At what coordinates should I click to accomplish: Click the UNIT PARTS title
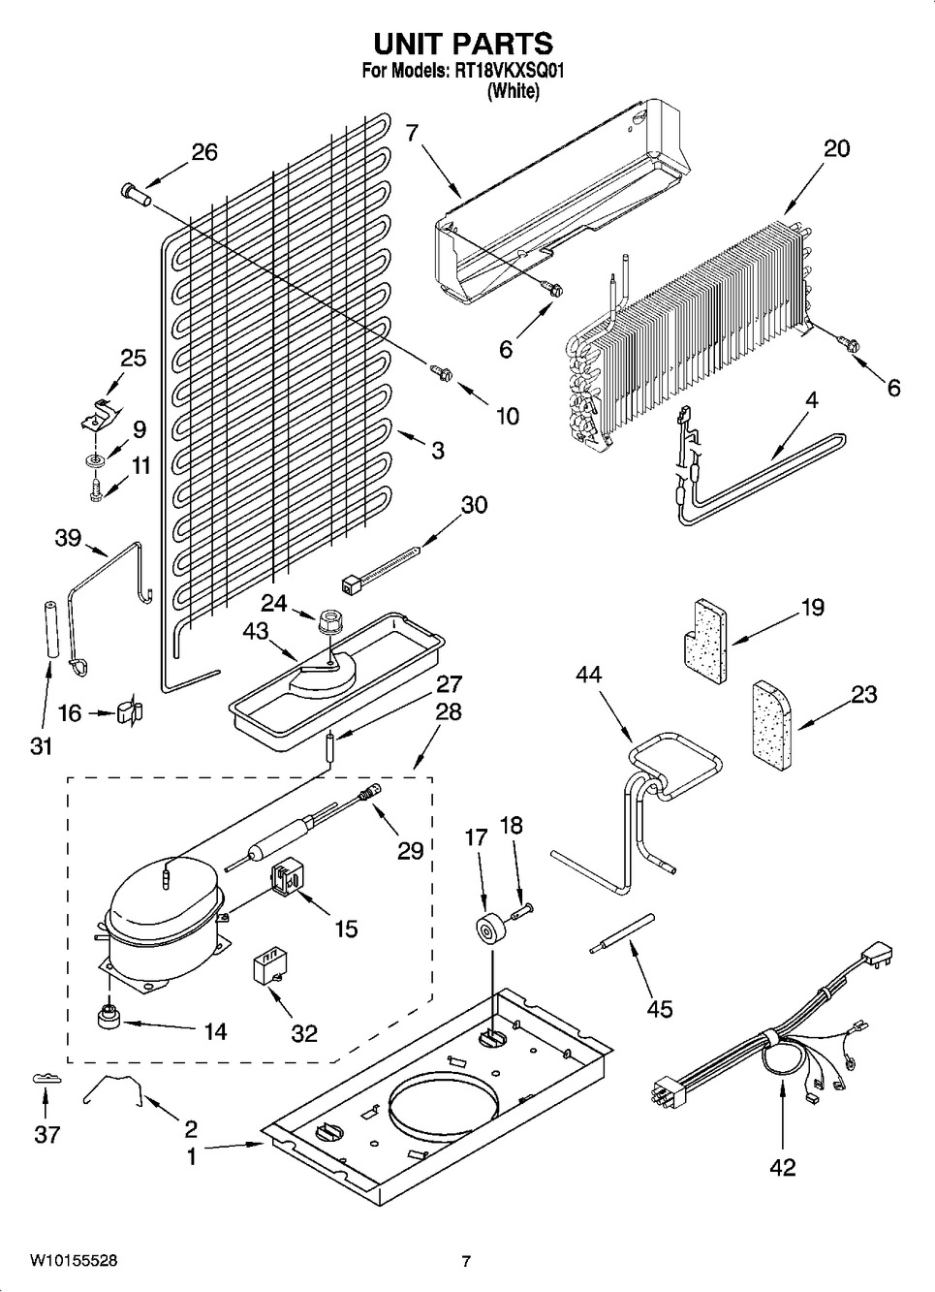463,44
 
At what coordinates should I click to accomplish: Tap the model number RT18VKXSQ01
510,71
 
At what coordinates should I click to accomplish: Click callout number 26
203,152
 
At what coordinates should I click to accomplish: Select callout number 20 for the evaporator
836,148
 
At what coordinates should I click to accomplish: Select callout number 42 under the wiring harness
782,1167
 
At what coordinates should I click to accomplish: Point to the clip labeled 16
128,712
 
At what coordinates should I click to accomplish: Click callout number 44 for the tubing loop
588,675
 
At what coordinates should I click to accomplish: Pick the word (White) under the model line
513,92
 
